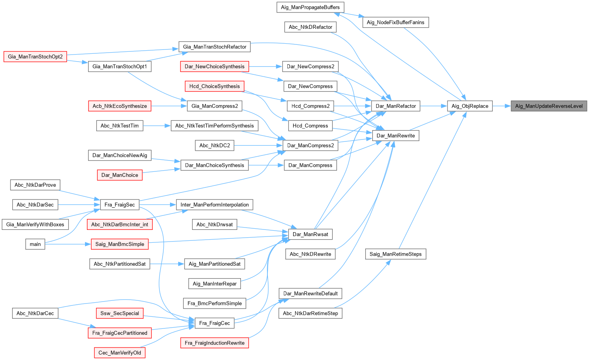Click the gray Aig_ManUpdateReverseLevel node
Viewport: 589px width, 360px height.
pos(549,106)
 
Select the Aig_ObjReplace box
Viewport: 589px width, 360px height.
pos(470,106)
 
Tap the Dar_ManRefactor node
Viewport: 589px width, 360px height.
pos(396,106)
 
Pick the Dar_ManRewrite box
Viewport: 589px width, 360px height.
pos(396,136)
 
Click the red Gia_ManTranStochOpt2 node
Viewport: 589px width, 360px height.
pos(35,57)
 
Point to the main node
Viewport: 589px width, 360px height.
pos(35,244)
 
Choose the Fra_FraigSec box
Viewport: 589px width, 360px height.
pos(120,205)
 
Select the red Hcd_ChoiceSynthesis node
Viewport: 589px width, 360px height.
pos(214,86)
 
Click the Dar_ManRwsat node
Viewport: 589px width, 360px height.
pos(310,235)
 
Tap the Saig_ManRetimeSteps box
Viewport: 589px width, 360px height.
pos(396,254)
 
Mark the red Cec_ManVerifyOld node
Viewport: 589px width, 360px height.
pos(120,353)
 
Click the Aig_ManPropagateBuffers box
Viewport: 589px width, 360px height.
pos(310,7)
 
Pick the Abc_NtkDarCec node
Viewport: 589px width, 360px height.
pos(35,313)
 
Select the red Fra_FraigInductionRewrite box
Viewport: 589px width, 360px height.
pos(214,343)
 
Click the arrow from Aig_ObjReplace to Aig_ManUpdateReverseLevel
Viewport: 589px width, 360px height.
pos(502,106)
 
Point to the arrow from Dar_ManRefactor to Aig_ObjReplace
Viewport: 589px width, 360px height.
pos(433,106)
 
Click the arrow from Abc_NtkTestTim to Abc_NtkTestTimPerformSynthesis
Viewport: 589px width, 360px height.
pos(157,126)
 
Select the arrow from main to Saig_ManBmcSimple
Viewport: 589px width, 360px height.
pos(68,244)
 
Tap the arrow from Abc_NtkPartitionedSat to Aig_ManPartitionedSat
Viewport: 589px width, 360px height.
pos(167,264)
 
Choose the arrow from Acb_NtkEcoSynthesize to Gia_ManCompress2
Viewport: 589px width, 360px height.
pos(169,106)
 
